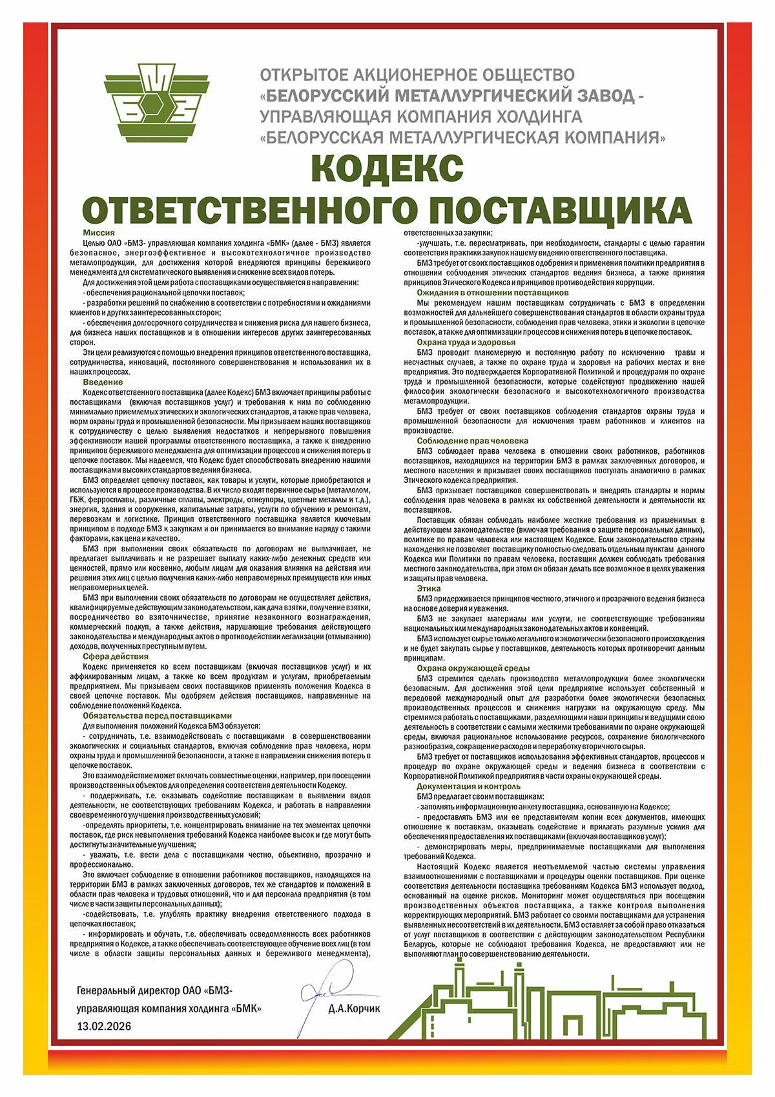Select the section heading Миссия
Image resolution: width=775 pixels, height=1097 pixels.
coord(99,233)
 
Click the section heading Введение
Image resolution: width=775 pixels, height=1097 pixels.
coord(103,383)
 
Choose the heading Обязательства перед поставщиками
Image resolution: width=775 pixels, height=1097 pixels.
coord(157,716)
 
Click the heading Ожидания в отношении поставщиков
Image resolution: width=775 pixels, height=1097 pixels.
coord(492,292)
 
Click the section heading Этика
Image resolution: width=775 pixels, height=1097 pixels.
coord(429,589)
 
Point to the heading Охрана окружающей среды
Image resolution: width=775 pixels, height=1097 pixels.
coord(473,668)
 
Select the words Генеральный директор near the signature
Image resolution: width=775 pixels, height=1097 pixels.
coord(123,991)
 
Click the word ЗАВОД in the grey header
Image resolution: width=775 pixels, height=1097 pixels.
coord(601,96)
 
